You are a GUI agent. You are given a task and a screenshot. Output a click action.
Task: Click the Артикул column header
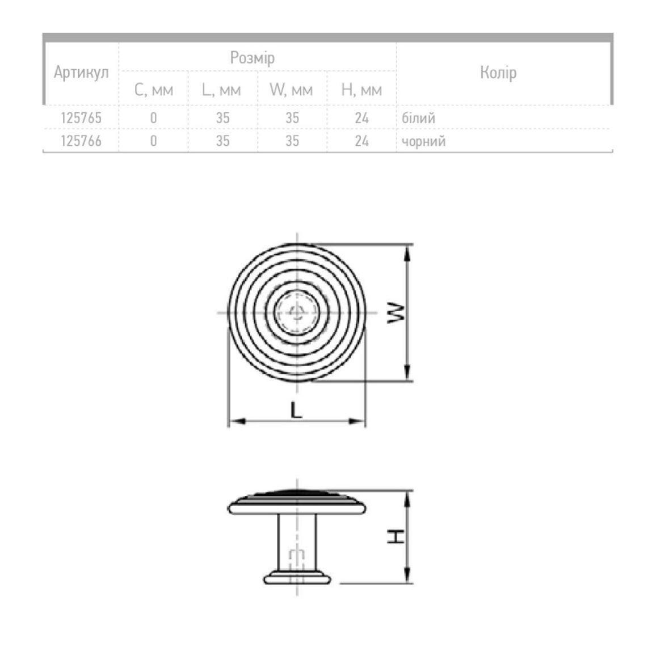[x=81, y=73]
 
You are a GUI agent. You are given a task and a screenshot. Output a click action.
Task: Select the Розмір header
[x=253, y=58]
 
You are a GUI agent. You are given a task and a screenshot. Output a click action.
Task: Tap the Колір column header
[x=498, y=73]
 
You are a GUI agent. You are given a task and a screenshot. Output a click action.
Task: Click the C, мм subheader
[x=154, y=90]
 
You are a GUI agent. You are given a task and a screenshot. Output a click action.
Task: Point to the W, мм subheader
[x=291, y=90]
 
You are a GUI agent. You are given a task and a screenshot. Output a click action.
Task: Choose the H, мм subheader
[x=361, y=90]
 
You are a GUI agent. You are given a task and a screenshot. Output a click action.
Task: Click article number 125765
[x=81, y=118]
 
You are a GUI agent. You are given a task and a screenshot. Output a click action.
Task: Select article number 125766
[x=81, y=141]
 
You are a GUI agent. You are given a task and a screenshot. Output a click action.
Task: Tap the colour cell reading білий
[x=418, y=118]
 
